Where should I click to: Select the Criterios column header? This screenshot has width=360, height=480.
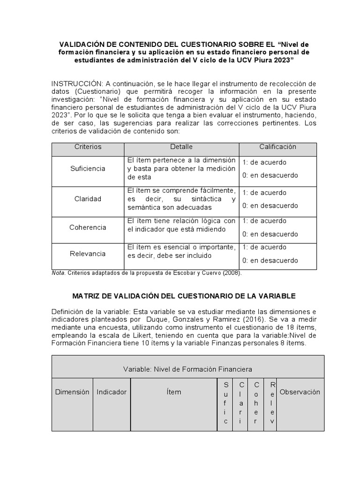(x=88, y=147)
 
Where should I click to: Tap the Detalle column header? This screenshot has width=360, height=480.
(x=181, y=147)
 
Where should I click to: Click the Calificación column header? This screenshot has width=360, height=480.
(x=277, y=147)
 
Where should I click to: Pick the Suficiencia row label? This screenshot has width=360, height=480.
(x=88, y=168)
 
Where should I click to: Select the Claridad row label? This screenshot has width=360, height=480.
(x=88, y=199)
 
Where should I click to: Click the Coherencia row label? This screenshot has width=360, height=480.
(x=88, y=227)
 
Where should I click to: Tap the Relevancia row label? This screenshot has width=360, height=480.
(x=88, y=254)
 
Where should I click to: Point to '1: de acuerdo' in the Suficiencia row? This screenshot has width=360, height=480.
(x=264, y=162)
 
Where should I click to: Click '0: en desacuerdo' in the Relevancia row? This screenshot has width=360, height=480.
(x=270, y=260)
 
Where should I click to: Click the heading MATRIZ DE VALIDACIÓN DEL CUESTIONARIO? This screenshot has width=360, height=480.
(x=184, y=296)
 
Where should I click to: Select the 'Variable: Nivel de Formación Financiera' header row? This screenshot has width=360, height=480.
(x=187, y=369)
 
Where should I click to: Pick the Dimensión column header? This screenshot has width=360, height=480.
(x=72, y=392)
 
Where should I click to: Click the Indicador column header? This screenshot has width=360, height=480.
(x=112, y=392)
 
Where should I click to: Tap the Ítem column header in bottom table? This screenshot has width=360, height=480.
(x=173, y=392)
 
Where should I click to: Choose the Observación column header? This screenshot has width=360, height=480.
(x=300, y=392)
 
